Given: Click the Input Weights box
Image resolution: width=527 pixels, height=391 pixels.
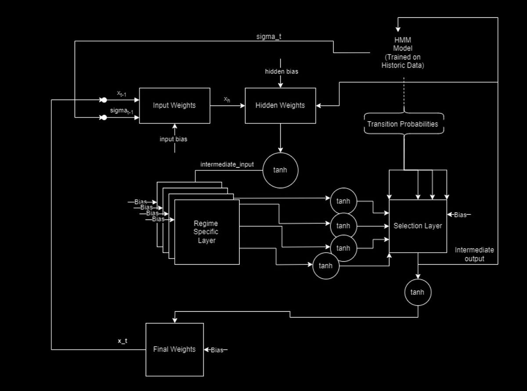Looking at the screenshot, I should (174, 105).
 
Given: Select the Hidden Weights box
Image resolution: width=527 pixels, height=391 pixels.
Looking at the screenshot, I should (280, 105).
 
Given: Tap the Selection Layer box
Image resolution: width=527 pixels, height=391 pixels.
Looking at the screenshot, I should (418, 226).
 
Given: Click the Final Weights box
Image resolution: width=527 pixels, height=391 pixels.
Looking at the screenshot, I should (174, 349).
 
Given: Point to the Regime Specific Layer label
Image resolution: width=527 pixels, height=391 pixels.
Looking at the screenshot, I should (206, 232).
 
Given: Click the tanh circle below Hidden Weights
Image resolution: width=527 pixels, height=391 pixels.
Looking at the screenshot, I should (280, 170).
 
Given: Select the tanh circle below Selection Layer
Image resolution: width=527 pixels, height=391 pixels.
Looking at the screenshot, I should (417, 292).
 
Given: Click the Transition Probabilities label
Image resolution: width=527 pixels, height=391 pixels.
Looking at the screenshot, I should (403, 124).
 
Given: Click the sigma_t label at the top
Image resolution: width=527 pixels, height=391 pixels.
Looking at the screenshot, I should (269, 36).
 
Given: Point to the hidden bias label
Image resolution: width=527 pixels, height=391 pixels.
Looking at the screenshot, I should (282, 71).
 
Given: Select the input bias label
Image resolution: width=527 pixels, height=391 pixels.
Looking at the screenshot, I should (173, 139).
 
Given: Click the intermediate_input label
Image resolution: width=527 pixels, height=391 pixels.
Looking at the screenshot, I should (227, 164).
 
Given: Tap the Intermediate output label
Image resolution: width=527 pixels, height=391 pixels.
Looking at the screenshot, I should (474, 254).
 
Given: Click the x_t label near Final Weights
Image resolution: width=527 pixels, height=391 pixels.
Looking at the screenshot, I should (122, 340).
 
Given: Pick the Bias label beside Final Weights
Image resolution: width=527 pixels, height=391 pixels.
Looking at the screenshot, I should (217, 350).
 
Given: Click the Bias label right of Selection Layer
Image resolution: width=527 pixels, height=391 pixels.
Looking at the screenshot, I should (460, 215).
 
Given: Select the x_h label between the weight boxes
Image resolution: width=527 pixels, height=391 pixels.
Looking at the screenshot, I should (227, 99).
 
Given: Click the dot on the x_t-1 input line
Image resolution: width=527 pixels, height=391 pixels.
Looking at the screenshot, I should (104, 100).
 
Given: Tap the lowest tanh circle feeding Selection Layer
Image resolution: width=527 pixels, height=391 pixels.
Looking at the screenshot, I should (325, 266).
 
